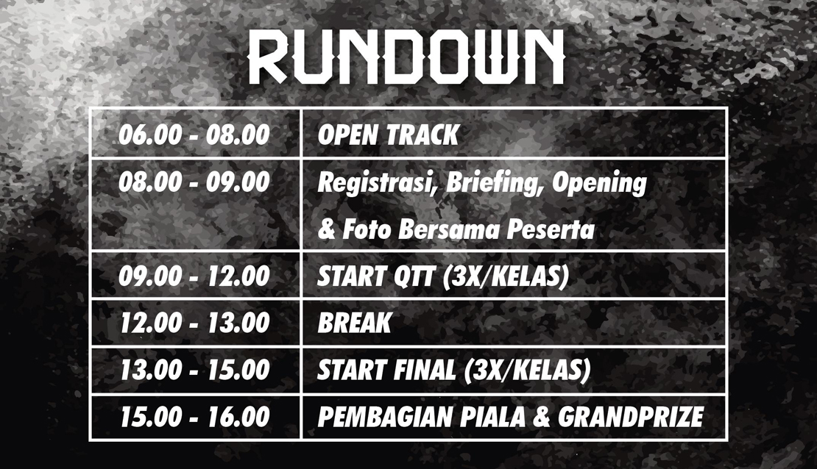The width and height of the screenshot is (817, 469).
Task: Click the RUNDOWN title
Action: (x=406, y=57)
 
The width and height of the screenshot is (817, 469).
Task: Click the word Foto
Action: (x=367, y=229)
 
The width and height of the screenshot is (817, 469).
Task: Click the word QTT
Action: (x=413, y=276)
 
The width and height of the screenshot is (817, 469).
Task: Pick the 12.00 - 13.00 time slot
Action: (x=194, y=323)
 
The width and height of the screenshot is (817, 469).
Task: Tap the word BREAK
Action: (x=354, y=323)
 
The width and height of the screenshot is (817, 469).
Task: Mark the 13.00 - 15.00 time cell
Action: (x=194, y=370)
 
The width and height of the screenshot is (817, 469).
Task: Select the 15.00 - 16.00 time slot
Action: (x=194, y=416)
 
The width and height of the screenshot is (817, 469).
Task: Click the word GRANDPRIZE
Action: (x=631, y=416)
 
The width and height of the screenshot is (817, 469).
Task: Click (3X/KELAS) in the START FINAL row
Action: (x=527, y=370)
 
